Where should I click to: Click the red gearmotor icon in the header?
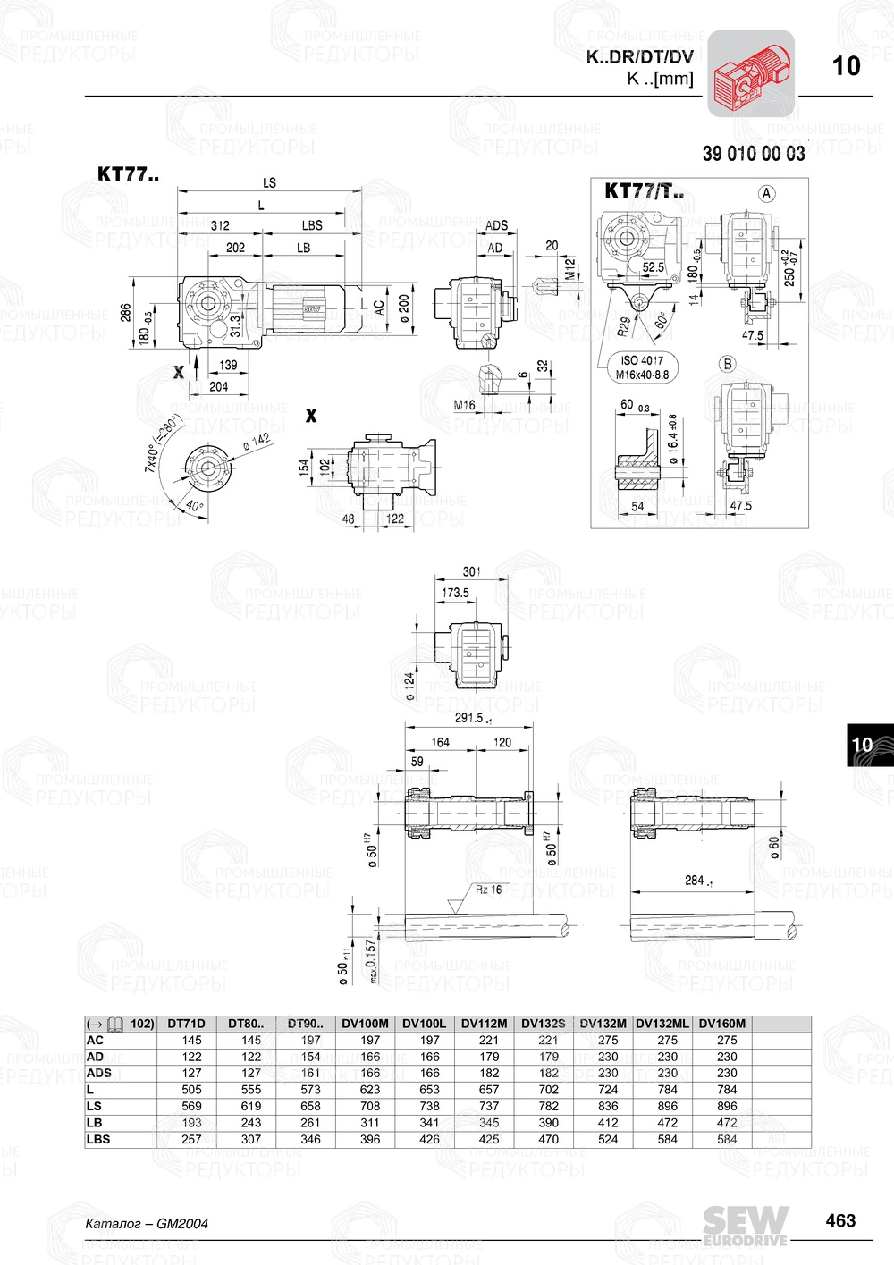pos(751,73)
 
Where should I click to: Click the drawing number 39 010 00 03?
pos(753,154)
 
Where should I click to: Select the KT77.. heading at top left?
pos(128,174)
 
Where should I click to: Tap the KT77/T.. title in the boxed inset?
pos(644,190)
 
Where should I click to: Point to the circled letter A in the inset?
pos(766,193)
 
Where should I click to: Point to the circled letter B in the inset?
pos(728,364)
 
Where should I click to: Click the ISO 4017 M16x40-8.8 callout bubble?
pos(641,367)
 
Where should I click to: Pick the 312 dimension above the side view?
pos(220,225)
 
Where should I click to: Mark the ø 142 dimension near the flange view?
pos(256,443)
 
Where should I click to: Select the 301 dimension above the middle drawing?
pos(471,571)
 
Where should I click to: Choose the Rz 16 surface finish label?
pos(488,890)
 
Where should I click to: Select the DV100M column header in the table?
pos(365,1024)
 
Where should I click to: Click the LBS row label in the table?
pos(98,1139)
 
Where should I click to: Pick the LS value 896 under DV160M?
pos(727,1106)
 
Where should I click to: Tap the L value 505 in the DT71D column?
pos(191,1090)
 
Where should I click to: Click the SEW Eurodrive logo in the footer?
pos(746,1225)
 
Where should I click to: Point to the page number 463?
pos(840,1220)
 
